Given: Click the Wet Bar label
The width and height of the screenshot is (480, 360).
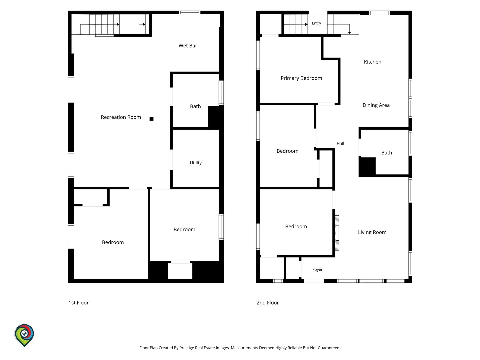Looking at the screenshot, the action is [x=188, y=45].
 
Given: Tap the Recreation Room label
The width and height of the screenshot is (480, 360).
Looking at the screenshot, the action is [x=121, y=117].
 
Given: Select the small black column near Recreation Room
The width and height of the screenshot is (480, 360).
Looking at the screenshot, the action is [x=151, y=119].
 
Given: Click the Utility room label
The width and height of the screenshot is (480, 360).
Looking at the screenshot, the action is [x=195, y=163].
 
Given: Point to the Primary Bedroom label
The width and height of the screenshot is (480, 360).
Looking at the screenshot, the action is [x=301, y=78].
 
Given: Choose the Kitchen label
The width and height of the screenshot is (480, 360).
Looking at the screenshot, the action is [x=372, y=62].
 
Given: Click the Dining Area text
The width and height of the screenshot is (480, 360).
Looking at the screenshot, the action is [x=376, y=105].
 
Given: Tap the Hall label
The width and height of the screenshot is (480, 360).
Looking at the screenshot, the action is [x=340, y=144].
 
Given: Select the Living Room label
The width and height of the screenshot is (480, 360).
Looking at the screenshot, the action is [x=372, y=232].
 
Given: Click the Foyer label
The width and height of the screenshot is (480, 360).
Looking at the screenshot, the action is [x=317, y=270].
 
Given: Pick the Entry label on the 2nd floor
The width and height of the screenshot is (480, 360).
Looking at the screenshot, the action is [x=316, y=23].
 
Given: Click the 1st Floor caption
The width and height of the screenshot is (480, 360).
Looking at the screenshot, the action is [x=79, y=303].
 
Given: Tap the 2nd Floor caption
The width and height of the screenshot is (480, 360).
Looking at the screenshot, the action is [x=268, y=303].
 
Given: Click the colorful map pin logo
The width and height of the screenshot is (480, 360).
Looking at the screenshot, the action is [x=24, y=335].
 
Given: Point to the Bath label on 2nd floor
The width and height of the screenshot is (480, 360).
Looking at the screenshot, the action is [x=386, y=153].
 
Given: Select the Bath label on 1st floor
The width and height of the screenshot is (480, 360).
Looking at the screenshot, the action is [x=195, y=106].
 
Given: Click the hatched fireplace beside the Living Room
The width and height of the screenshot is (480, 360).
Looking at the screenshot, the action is [x=337, y=233].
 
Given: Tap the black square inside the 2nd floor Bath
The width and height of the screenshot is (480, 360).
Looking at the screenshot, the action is [x=367, y=167].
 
